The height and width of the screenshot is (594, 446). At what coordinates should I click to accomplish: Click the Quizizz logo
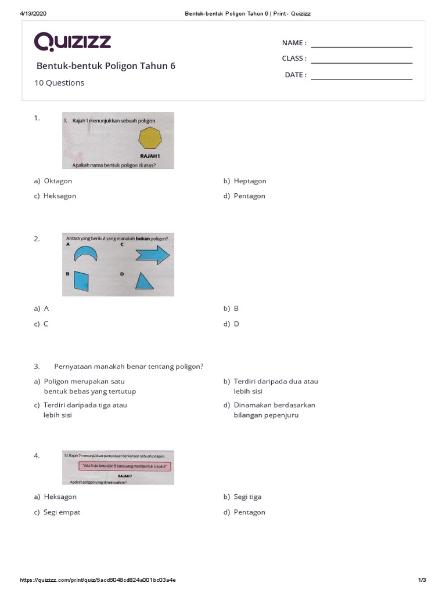[x=73, y=42]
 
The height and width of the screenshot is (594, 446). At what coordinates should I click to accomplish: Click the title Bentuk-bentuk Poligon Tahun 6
[x=106, y=66]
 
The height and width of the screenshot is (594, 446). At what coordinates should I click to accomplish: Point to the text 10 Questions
[x=59, y=83]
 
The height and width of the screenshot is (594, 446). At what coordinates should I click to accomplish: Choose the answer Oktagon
[x=57, y=181]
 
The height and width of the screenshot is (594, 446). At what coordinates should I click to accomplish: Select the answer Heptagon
[x=250, y=181]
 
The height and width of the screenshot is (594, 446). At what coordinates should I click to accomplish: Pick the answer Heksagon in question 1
[x=59, y=196]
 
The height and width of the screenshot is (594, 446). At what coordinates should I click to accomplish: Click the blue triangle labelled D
[x=144, y=281]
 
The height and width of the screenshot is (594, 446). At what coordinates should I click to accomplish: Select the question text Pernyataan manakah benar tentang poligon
[x=128, y=366]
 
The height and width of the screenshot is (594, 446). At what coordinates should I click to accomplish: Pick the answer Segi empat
[x=61, y=512]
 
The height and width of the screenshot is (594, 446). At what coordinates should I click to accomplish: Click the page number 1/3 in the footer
[x=422, y=580]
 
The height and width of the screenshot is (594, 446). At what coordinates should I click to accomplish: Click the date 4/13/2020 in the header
[x=33, y=13]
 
